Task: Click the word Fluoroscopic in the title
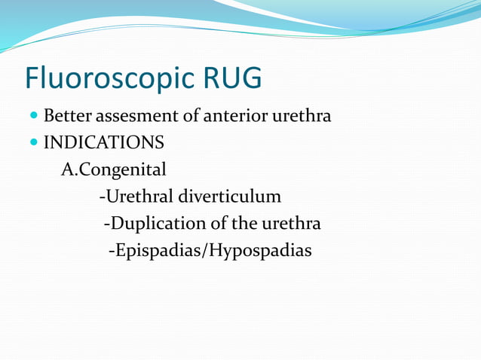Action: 109,78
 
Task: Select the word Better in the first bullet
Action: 69,117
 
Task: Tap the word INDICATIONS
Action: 104,142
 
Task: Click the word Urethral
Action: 139,197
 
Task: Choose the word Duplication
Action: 153,224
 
